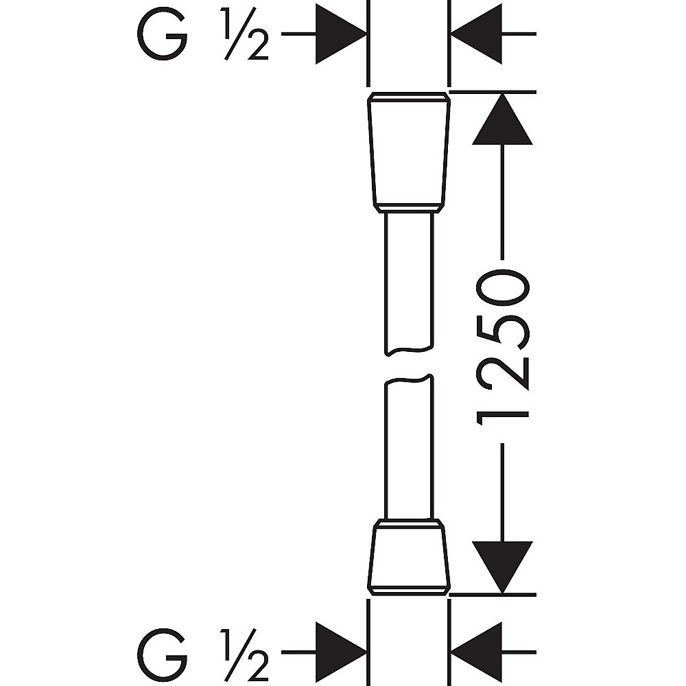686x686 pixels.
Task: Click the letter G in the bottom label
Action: (x=163, y=650)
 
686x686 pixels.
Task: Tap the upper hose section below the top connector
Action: (x=409, y=281)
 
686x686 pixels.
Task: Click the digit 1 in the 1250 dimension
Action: (x=504, y=414)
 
